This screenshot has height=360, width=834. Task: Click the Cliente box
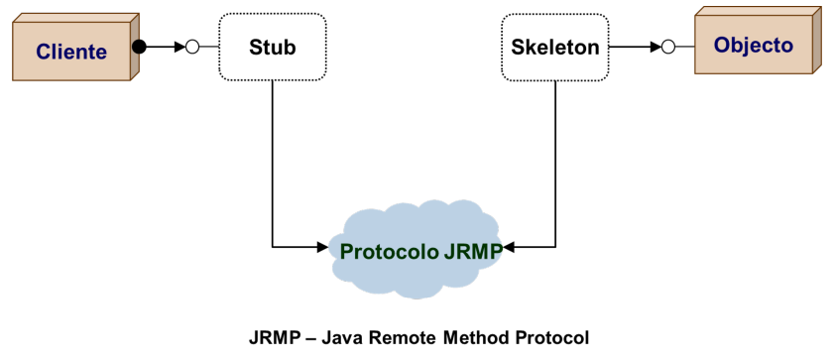pyautogui.click(x=71, y=52)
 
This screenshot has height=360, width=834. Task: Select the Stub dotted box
pyautogui.click(x=272, y=47)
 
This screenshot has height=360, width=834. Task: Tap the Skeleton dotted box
pyautogui.click(x=555, y=47)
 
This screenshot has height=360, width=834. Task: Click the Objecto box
pyautogui.click(x=754, y=46)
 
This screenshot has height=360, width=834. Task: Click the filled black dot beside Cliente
pyautogui.click(x=140, y=46)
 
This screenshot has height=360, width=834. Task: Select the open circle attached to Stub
pyautogui.click(x=192, y=46)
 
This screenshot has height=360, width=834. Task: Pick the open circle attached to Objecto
pyautogui.click(x=668, y=46)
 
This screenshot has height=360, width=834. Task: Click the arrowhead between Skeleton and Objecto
pyautogui.click(x=655, y=46)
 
